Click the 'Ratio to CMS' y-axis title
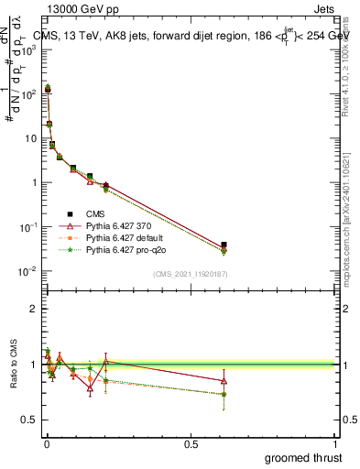point(13,365)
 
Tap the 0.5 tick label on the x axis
point(191,443)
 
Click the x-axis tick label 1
point(336,443)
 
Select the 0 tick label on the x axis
point(47,443)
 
